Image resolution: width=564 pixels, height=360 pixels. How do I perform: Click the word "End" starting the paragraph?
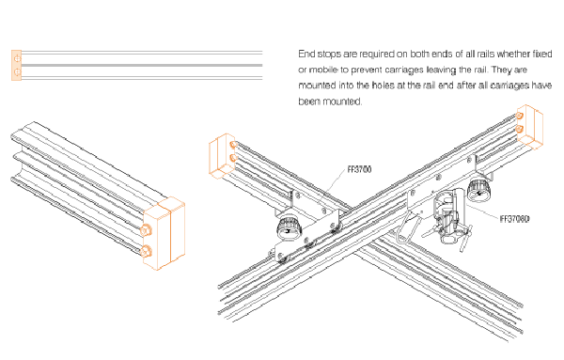[x=306, y=54]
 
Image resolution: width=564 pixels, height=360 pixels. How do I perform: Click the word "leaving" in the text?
[x=442, y=70]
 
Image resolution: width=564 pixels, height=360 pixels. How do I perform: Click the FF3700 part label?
[x=359, y=169]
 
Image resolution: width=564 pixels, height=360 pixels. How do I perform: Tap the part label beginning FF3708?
[x=515, y=219]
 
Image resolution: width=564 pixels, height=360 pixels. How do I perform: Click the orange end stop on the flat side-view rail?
[x=16, y=65]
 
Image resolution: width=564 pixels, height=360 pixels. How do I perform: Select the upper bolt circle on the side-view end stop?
[x=17, y=58]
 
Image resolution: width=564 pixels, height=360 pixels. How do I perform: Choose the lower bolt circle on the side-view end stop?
[x=17, y=72]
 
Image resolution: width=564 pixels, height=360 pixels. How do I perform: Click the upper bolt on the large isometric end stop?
[x=146, y=229]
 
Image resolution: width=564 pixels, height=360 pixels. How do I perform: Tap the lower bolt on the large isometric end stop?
[x=146, y=251]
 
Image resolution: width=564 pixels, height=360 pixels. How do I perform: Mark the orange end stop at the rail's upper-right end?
[x=529, y=127]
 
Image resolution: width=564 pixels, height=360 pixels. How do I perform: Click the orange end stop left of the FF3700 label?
[x=222, y=156]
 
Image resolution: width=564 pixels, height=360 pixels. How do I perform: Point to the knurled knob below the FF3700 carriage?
[x=289, y=228]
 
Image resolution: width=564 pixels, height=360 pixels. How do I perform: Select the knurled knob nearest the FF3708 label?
[x=479, y=189]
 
